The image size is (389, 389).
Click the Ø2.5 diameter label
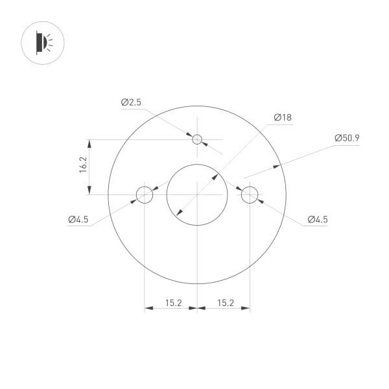point(130,102)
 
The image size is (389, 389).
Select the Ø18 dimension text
point(283,117)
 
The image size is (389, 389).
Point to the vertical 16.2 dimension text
point(83,166)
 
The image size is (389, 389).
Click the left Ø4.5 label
point(78,219)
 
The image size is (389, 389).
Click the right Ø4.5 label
point(317,219)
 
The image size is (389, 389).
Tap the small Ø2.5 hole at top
point(197,139)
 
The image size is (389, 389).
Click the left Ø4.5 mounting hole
point(144,194)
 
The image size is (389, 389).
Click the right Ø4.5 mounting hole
point(250,194)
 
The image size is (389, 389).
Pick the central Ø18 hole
point(197,194)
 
